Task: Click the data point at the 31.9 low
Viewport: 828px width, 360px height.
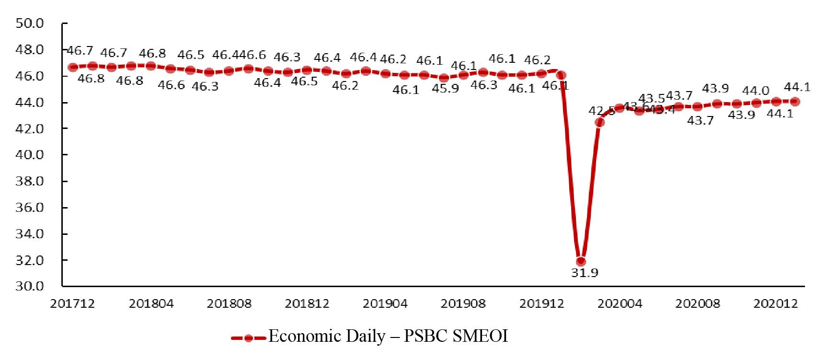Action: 581,261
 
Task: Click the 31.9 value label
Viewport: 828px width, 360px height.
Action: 585,273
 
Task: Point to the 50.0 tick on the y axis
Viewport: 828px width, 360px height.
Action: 30,23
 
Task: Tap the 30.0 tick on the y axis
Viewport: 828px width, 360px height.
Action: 30,286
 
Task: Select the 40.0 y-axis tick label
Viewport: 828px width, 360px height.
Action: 30,155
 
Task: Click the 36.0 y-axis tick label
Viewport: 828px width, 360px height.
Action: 30,208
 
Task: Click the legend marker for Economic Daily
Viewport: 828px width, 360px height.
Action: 248,338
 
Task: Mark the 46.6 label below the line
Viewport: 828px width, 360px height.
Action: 171,85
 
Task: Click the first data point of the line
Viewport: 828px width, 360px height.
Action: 73,67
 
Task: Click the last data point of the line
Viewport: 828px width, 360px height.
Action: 795,101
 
